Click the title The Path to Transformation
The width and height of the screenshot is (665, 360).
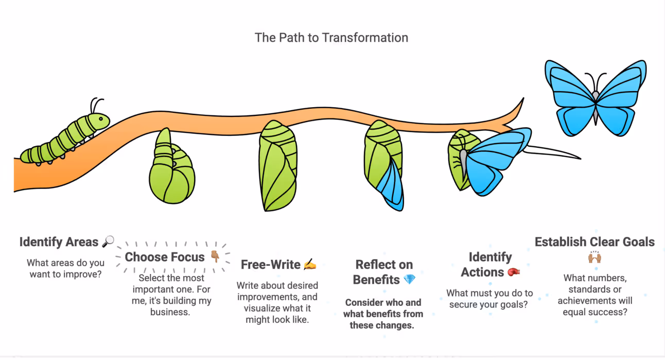click(x=331, y=38)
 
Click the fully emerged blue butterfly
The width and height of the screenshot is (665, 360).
click(x=596, y=98)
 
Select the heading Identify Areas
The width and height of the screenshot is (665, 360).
click(x=59, y=242)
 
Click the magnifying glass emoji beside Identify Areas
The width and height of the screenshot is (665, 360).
click(x=108, y=241)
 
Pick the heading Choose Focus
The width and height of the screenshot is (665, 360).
click(x=165, y=256)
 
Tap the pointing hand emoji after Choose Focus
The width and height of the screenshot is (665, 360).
click(x=215, y=256)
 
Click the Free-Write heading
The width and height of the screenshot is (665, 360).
click(x=271, y=265)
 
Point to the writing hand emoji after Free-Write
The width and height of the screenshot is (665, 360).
click(x=309, y=265)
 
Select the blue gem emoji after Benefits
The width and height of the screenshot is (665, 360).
click(x=409, y=280)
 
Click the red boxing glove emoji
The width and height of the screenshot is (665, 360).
click(x=513, y=271)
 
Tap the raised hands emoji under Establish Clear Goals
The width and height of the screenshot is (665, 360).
click(x=594, y=258)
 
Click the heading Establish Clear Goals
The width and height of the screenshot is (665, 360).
click(x=594, y=242)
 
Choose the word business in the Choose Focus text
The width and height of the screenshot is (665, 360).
click(x=170, y=312)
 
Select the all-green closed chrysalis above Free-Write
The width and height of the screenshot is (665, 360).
click(x=278, y=165)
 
